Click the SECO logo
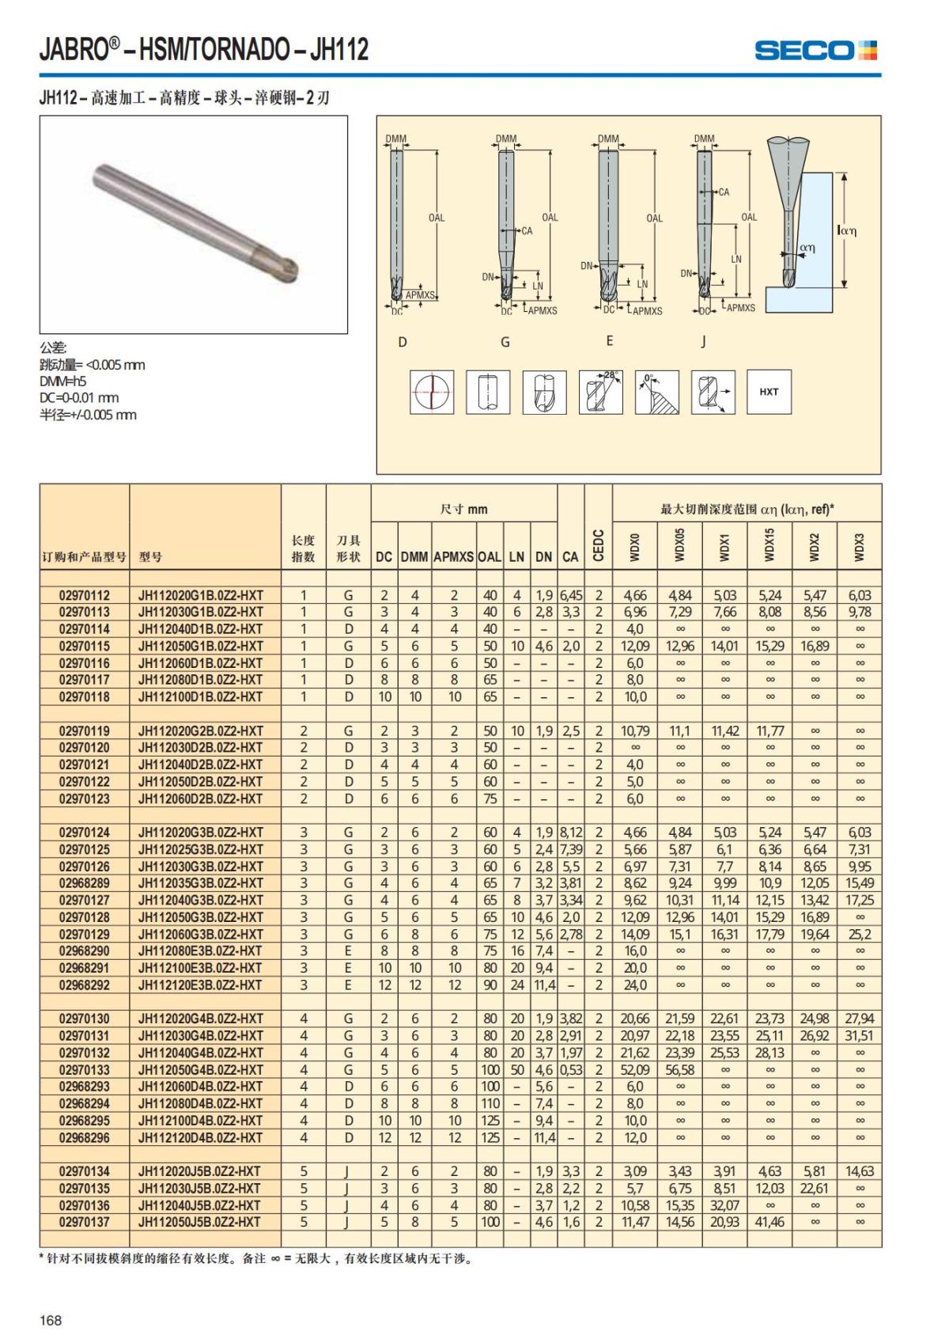pos(815,51)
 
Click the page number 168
pos(51,1320)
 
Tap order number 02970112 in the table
pos(85,595)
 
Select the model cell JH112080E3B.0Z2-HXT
pos(200,950)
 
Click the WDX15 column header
pos(769,546)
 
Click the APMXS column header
pos(454,556)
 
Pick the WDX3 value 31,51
pos(859,1035)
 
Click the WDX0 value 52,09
pos(634,1069)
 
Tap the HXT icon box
pos(769,392)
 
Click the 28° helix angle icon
pos(601,392)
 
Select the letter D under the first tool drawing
pos(402,342)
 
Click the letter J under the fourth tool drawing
pos(703,342)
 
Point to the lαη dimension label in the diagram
pos(846,230)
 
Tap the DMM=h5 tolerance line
pos(63,381)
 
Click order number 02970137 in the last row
pos(85,1222)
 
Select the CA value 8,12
pos(570,832)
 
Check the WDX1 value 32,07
pos(724,1205)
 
